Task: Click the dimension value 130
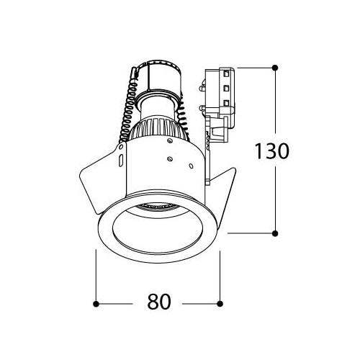(x=271, y=151)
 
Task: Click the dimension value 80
(x=159, y=302)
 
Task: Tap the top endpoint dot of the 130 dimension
(x=275, y=68)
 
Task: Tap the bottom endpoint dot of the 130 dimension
(x=275, y=233)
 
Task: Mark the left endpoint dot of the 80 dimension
(x=96, y=304)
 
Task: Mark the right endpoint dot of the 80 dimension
(x=220, y=304)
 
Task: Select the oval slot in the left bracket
(x=121, y=160)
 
